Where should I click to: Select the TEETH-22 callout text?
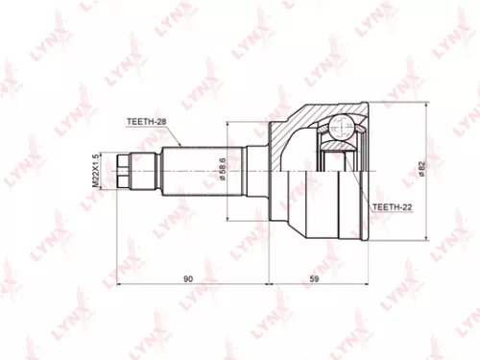tap(392, 206)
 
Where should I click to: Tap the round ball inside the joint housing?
tap(337, 128)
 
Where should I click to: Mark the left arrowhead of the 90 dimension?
tap(119, 286)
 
